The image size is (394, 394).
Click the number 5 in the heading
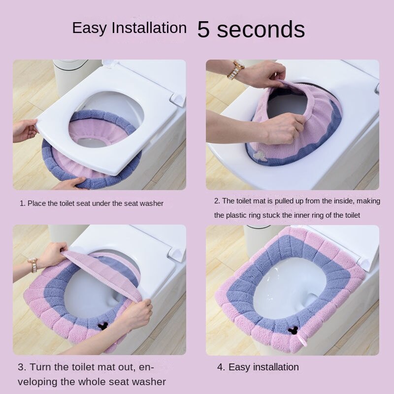coord(203,29)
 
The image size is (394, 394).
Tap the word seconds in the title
coord(261,29)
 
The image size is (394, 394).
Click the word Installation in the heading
coord(149,28)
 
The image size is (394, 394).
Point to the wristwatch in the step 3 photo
coord(33,265)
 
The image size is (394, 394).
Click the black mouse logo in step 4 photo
coord(292,329)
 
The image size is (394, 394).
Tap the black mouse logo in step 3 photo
coord(103,326)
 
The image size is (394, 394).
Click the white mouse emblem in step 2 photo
coord(259,155)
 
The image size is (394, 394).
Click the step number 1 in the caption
coord(22,203)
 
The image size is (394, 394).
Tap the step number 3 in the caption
coord(22,367)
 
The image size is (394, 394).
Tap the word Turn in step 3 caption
coord(40,367)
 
